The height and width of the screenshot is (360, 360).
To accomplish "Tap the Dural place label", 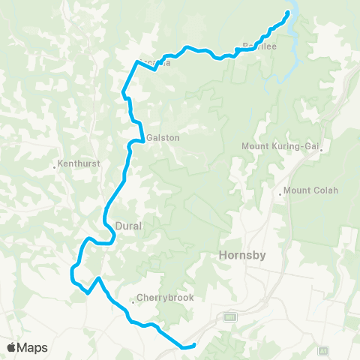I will (130, 225).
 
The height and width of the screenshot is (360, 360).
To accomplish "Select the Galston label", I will (163, 137).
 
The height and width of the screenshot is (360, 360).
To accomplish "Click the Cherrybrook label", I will (166, 298).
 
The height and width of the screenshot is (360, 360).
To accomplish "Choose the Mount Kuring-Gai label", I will (280, 146).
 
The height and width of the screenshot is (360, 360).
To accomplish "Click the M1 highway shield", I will (230, 317).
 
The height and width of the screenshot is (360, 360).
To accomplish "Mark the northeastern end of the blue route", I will (287, 13).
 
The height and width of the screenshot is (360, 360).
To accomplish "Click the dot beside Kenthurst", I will (55, 166).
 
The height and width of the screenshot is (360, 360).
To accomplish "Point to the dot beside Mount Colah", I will (280, 193).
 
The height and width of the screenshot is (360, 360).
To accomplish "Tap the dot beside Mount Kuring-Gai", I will (320, 150).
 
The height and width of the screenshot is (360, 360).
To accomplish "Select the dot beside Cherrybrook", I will (133, 301).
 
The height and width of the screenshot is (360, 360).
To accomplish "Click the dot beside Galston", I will (142, 139).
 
